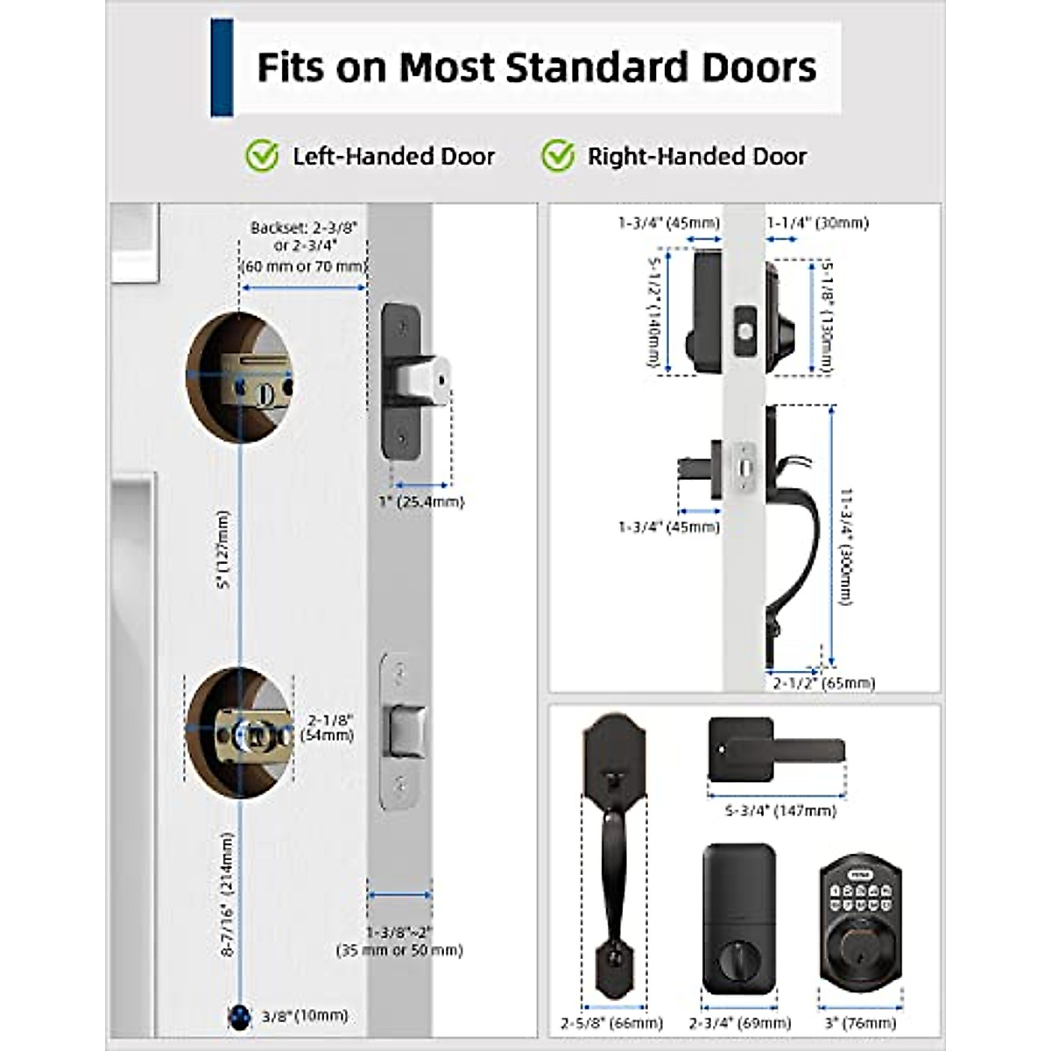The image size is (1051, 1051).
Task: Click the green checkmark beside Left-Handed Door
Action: (261, 157)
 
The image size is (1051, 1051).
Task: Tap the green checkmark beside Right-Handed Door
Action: (557, 157)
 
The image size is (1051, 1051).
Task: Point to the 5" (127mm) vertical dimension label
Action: (223, 549)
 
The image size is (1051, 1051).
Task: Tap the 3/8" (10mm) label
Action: (304, 1016)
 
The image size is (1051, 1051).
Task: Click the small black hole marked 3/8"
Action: (238, 1017)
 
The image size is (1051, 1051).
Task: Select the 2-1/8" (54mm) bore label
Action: (327, 727)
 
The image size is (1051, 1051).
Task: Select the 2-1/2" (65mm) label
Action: (823, 682)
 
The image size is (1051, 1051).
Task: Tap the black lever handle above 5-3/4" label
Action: (775, 750)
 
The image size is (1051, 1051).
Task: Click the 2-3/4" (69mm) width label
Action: (739, 1023)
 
